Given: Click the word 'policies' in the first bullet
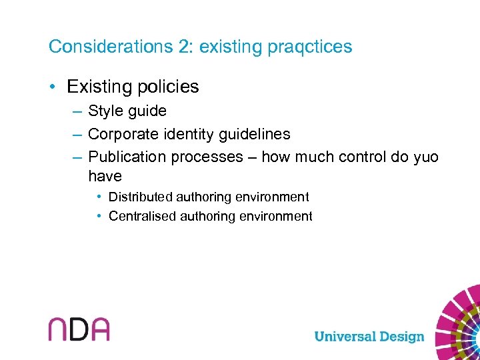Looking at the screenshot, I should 169,87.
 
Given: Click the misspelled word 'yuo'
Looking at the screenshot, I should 425,157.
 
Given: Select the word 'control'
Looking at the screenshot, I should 361,157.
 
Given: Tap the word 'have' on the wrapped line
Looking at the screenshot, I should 105,176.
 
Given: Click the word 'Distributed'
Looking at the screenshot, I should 142,197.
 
